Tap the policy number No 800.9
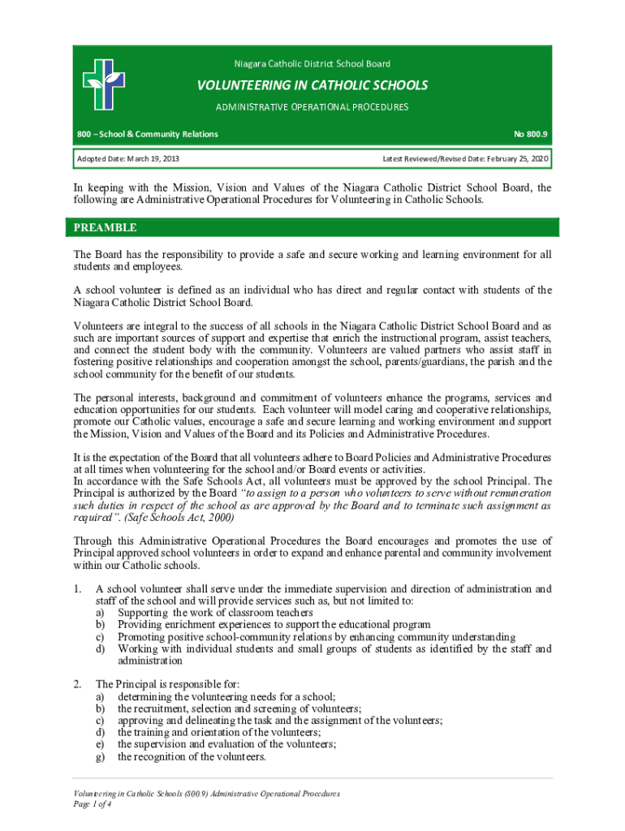coord(532,133)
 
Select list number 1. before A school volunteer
coord(78,588)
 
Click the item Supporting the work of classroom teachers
coord(215,613)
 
